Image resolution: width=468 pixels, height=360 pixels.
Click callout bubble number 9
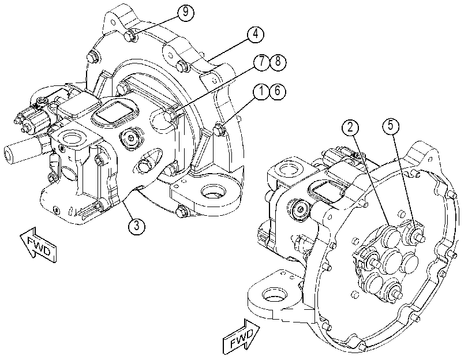tap(186, 13)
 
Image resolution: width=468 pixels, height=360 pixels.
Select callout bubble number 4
tap(256, 34)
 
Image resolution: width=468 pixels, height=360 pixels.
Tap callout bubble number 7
tap(262, 62)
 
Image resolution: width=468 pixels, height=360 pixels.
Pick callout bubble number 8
tap(278, 62)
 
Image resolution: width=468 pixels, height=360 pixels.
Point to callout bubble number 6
tap(278, 91)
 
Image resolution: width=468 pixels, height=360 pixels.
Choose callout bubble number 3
tap(137, 226)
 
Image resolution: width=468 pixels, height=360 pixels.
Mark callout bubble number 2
tap(350, 127)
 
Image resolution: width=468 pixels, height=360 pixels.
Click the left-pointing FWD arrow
tap(38, 244)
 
